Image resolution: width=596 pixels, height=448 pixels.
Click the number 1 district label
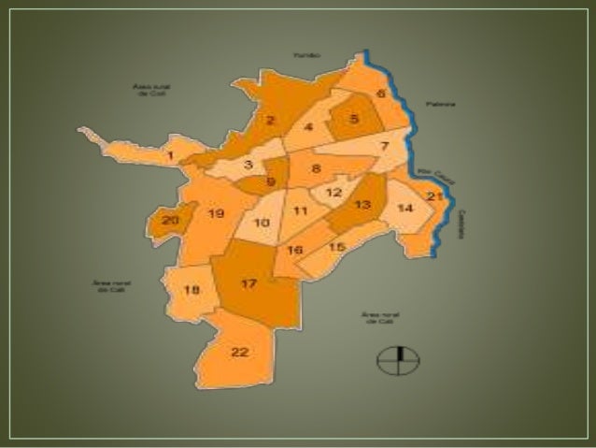coord(170,155)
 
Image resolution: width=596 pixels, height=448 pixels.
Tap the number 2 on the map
coord(269,120)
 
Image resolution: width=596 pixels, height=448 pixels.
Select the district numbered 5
coord(354,119)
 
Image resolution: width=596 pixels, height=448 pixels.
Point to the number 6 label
coord(380,94)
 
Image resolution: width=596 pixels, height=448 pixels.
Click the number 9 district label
coord(270,182)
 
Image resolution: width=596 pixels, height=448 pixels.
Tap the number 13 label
coord(363,204)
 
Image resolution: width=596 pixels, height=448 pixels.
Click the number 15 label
coord(337,246)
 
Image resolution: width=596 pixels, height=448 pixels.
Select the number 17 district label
coord(248,283)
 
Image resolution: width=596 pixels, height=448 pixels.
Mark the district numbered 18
coord(191,290)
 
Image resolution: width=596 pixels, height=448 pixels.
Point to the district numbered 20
coord(169,221)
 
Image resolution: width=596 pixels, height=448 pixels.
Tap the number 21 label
coord(433,195)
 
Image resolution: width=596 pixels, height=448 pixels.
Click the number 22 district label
coord(240,352)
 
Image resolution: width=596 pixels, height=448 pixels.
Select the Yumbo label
coord(306,55)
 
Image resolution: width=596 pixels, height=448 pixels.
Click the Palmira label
coord(441,104)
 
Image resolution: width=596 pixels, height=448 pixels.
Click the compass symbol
coord(398,360)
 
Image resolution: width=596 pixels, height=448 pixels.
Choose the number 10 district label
coord(262,223)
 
